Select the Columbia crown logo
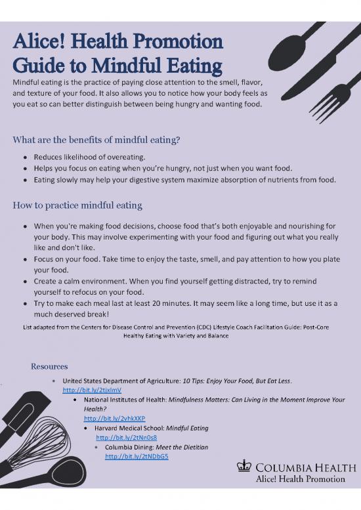[244, 467]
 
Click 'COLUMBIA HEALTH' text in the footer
[299, 467]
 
